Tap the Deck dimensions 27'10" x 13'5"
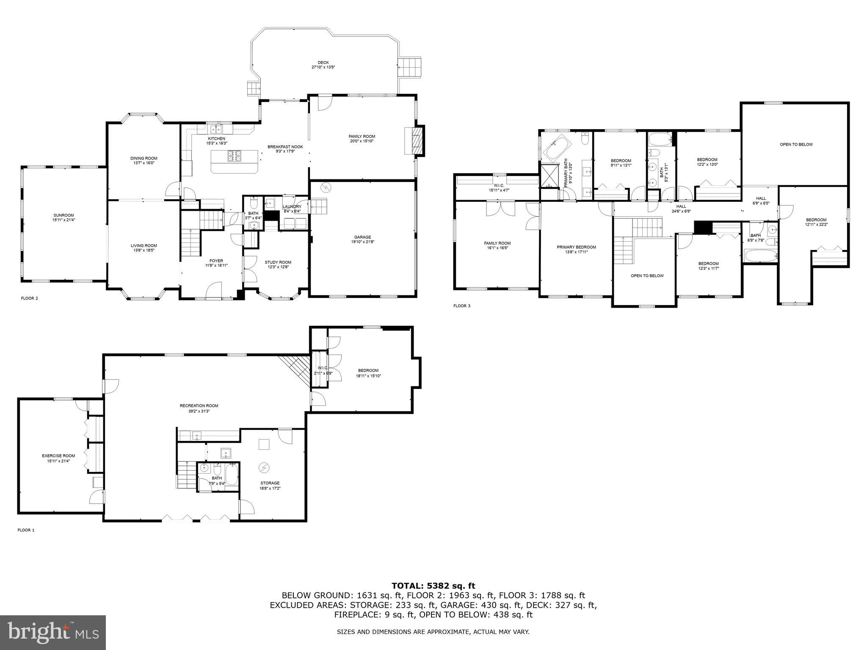pos(323,67)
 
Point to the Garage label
pos(362,237)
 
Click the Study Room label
pos(278,262)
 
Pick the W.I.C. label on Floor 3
pos(499,185)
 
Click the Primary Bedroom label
pos(576,247)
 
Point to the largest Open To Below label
pos(796,144)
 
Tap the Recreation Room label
pos(199,405)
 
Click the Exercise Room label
pos(58,456)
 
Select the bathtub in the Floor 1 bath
pos(232,475)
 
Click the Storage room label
pos(270,483)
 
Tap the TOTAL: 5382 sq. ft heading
pos(433,586)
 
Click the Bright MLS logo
pos(53,633)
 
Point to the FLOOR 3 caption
pos(461,306)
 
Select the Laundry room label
pos(292,207)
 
